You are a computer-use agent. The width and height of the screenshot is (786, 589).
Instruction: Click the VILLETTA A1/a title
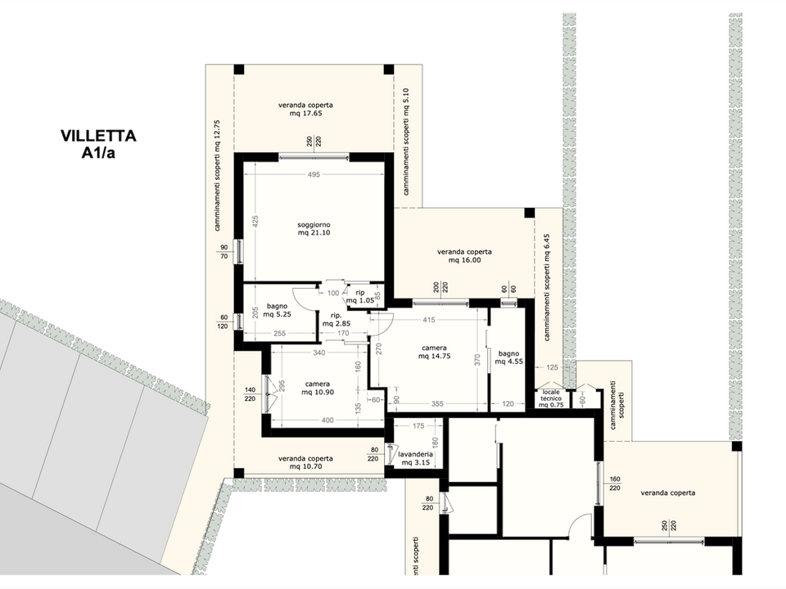tap(98, 144)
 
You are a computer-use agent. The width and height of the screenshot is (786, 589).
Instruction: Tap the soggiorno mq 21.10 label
tap(314, 229)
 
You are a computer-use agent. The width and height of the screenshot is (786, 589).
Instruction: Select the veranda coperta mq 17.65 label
tap(305, 109)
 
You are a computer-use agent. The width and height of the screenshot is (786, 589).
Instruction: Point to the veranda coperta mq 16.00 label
tap(465, 256)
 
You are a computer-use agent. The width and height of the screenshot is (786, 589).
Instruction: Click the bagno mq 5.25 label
tap(278, 311)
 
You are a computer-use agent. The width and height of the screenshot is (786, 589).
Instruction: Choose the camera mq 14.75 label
tap(434, 352)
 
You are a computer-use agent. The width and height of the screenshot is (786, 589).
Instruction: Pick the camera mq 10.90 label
tap(318, 388)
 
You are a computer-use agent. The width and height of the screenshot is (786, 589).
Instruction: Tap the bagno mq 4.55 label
tap(508, 357)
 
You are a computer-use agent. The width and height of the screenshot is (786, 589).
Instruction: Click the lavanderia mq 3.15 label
tap(416, 459)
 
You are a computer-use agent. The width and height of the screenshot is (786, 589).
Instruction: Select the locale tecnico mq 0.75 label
tap(551, 398)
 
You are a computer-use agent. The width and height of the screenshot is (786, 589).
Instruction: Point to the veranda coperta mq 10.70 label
tap(305, 462)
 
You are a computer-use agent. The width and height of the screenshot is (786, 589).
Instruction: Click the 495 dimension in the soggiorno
tap(314, 175)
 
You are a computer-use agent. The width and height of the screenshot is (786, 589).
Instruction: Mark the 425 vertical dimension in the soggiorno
tap(255, 222)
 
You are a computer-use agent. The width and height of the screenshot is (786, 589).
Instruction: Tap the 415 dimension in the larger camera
tap(429, 320)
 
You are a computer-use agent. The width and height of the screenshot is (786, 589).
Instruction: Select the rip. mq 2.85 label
tap(337, 320)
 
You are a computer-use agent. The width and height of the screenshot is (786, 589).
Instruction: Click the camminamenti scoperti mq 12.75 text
tap(218, 175)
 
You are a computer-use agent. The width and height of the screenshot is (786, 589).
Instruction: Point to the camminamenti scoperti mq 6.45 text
tap(547, 287)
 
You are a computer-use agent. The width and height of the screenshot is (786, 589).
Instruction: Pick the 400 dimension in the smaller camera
tap(327, 420)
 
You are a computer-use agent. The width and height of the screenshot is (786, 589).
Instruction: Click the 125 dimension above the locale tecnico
tap(552, 367)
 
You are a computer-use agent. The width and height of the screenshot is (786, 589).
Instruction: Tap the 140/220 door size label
tap(251, 394)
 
